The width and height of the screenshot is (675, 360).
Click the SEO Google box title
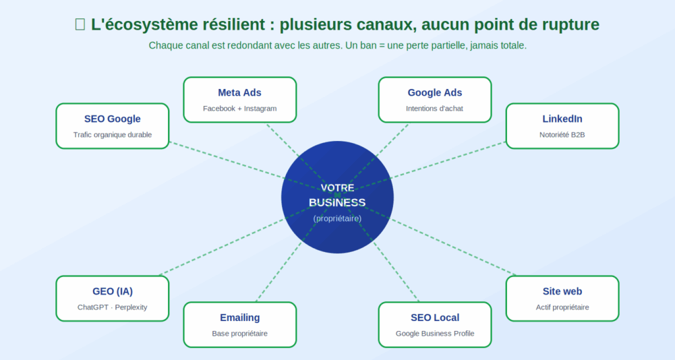(x=112, y=119)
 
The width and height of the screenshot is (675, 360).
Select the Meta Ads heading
(x=240, y=92)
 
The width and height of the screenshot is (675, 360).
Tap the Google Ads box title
(x=434, y=92)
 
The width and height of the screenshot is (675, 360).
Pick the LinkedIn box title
(x=562, y=119)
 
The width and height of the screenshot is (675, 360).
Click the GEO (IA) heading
(x=112, y=291)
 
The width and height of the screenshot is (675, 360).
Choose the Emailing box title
(x=240, y=318)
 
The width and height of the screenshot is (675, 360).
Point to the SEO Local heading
(x=434, y=318)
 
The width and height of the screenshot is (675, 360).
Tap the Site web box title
(x=562, y=291)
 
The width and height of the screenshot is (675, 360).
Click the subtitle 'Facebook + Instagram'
(x=240, y=108)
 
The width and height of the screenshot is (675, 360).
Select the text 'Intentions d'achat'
(x=434, y=108)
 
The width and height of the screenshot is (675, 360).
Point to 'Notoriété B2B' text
(x=562, y=135)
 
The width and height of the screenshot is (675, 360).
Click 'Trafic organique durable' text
(x=112, y=135)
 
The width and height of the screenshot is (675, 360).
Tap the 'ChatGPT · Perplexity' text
(x=112, y=307)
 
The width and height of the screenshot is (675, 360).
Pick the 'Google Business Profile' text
(x=434, y=334)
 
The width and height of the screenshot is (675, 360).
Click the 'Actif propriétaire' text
(x=562, y=307)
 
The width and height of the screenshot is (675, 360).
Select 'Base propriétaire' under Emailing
(x=240, y=334)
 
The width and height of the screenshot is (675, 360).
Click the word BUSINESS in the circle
(x=337, y=202)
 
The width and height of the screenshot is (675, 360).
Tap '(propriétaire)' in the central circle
(x=337, y=218)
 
